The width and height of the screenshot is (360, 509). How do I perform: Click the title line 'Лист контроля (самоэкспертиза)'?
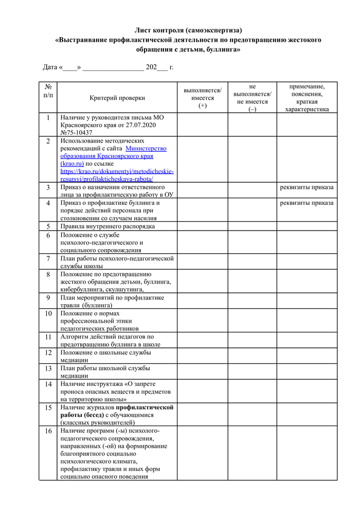pyautogui.click(x=188, y=30)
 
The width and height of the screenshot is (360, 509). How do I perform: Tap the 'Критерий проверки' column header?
pyautogui.click(x=117, y=98)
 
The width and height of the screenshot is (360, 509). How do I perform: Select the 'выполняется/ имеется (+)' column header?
pyautogui.click(x=202, y=98)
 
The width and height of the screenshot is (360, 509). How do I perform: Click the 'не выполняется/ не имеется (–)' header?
pyautogui.click(x=252, y=98)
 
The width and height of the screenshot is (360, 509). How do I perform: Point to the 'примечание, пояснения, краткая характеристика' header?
pyautogui.click(x=307, y=98)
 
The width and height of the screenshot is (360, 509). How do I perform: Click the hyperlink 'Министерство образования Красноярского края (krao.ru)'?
pyautogui.click(x=114, y=156)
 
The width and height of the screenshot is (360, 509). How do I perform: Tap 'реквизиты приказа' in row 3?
pyautogui.click(x=307, y=187)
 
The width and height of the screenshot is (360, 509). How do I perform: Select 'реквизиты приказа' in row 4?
pyautogui.click(x=307, y=203)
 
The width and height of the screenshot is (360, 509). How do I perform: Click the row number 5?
pyautogui.click(x=48, y=226)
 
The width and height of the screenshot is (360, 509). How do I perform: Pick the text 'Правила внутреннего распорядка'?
pyautogui.click(x=107, y=226)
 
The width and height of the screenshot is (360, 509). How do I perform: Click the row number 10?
pyautogui.click(x=48, y=313)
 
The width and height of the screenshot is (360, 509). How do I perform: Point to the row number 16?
pyautogui.click(x=48, y=431)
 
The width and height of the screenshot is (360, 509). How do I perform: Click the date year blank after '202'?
pyautogui.click(x=162, y=67)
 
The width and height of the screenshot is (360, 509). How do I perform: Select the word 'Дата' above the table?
pyautogui.click(x=50, y=67)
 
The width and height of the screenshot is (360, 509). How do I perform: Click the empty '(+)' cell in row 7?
pyautogui.click(x=202, y=262)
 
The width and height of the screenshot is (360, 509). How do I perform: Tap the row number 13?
pyautogui.click(x=48, y=368)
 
